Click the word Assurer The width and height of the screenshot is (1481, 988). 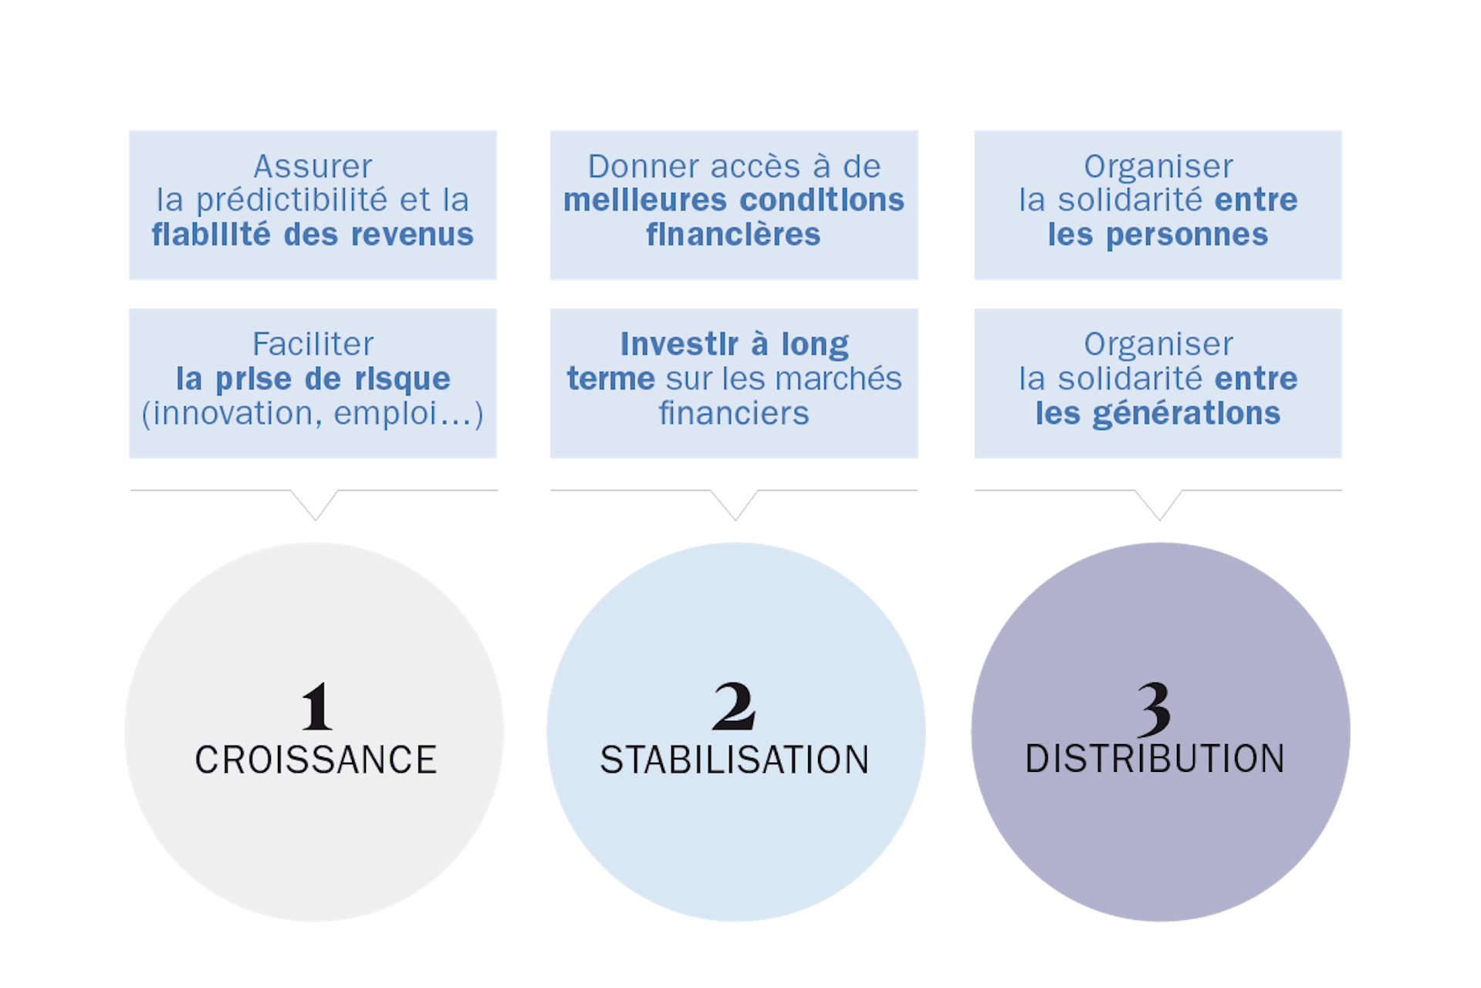coord(313,167)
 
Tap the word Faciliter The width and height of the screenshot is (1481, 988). coord(313,344)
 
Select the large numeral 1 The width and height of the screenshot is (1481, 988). coord(316,706)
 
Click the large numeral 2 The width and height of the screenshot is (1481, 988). coord(734,706)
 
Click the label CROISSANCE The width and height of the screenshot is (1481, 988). coord(316,760)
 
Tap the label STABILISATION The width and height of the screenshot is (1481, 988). coord(735,760)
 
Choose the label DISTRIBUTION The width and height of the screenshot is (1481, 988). coord(1155,760)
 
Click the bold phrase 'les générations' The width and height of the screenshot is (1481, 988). coord(1158,414)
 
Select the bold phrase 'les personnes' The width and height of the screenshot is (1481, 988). coord(1158,235)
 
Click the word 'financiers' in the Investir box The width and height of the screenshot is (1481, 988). coord(734,414)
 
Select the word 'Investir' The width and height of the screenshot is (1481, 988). coord(679,344)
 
